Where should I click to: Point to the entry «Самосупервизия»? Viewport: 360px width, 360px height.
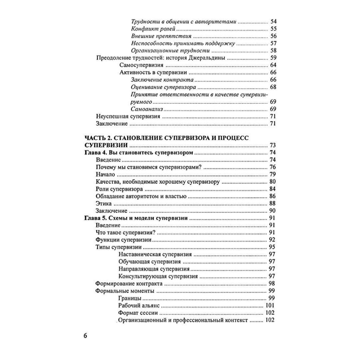[141, 66]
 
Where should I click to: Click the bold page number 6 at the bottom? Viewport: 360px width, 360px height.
[85, 336]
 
